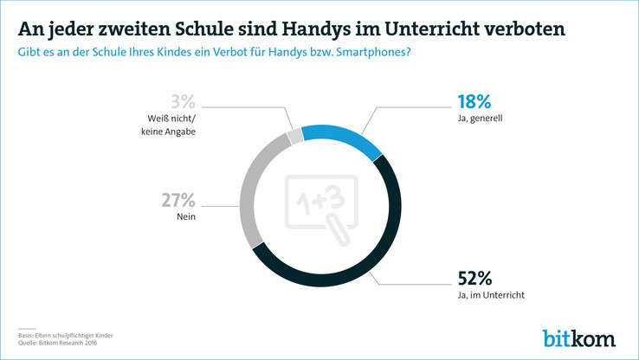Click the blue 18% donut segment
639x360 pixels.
point(344,139)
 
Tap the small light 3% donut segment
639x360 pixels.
point(296,135)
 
